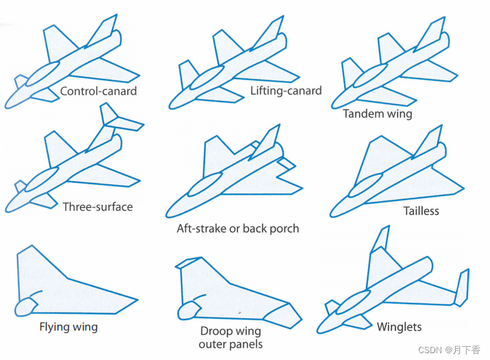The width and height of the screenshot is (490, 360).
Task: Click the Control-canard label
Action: [98, 92]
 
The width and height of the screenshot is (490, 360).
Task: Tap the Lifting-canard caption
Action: [286, 91]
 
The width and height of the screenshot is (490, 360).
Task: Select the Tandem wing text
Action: [377, 114]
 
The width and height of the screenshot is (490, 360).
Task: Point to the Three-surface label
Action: [97, 207]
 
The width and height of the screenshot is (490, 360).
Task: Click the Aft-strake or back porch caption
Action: [238, 229]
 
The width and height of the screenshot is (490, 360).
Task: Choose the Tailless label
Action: [421, 211]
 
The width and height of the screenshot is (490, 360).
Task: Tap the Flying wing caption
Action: [68, 326]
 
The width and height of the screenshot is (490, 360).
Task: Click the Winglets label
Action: [399, 327]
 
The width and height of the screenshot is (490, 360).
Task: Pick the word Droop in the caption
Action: [215, 331]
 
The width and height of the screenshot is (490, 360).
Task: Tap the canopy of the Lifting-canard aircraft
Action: [206, 80]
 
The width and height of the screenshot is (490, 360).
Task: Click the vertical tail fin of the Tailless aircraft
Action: [431, 140]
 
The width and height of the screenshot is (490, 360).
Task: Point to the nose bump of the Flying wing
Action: [25, 306]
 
